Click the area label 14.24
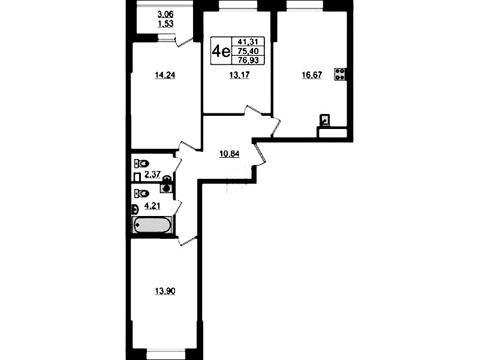click(x=165, y=75)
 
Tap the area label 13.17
click(x=239, y=75)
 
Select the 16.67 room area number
click(x=312, y=75)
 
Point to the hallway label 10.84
click(x=230, y=154)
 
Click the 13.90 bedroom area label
click(x=165, y=291)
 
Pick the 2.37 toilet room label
click(x=152, y=175)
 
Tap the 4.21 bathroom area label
click(x=152, y=206)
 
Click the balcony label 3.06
click(x=165, y=14)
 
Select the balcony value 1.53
click(x=165, y=23)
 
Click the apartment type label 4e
click(x=221, y=51)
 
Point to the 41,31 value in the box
click(x=248, y=41)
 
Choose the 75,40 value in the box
click(x=248, y=51)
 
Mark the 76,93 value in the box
click(x=248, y=60)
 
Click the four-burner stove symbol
click(x=340, y=74)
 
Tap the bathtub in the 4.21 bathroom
click(x=152, y=225)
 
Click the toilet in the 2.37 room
click(x=141, y=163)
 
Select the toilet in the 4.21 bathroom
click(x=141, y=193)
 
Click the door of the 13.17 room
click(x=253, y=110)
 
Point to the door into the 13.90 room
click(x=187, y=241)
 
